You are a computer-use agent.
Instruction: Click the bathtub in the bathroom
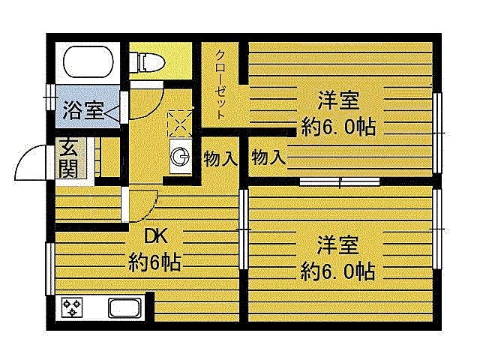coord(88,61)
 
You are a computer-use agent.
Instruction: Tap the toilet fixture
coord(147,62)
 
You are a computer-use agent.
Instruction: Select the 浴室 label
coord(83,110)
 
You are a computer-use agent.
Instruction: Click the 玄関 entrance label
coord(68,157)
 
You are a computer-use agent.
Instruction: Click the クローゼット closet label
coord(220,84)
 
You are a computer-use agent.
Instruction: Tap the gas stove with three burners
coord(72,307)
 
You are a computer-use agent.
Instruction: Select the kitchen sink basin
coord(124,308)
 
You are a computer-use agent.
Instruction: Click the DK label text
coord(156,236)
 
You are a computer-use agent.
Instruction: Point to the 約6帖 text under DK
coord(154,262)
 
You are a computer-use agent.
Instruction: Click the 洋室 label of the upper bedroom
coord(338,100)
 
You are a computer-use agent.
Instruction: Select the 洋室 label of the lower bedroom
coord(337,245)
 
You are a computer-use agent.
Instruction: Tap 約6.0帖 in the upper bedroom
coord(338,127)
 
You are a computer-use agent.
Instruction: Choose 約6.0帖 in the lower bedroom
coord(337,271)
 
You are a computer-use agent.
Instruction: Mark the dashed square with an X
coord(180,124)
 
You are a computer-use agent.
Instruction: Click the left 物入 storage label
coord(220,158)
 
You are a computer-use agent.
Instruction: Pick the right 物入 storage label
coord(268,157)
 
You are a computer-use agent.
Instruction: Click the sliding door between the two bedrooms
coord(340,181)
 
